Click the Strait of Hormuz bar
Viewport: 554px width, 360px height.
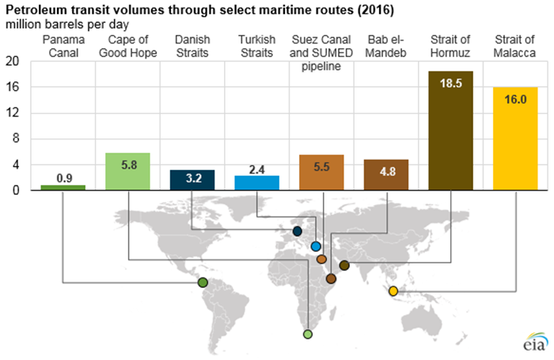(x=450, y=131)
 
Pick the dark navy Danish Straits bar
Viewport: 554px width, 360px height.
(x=192, y=180)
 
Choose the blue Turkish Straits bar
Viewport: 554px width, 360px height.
(x=257, y=182)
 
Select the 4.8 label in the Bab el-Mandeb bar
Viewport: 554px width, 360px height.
(x=385, y=169)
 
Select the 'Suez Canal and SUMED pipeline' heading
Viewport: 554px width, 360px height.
(x=321, y=52)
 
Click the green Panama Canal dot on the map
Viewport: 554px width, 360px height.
(x=203, y=282)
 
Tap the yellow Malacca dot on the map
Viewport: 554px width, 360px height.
(x=393, y=291)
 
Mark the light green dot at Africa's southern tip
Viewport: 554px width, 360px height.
(x=308, y=335)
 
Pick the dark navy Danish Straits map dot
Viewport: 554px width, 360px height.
(x=297, y=231)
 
